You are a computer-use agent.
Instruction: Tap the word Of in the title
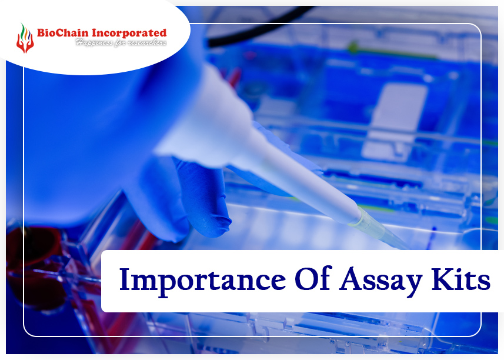(313, 278)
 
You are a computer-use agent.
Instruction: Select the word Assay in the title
(381, 282)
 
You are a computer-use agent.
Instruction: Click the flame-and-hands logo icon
(25, 38)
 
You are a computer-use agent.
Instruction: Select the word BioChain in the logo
(63, 33)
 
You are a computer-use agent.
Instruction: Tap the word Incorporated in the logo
(129, 34)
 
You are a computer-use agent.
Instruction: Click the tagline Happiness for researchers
(121, 42)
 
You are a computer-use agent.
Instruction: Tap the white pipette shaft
(305, 180)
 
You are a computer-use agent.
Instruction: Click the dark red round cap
(32, 244)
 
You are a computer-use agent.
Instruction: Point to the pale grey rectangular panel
(395, 122)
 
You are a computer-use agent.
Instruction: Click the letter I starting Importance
(124, 279)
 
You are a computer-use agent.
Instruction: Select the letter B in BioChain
(41, 33)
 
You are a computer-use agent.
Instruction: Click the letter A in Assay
(351, 278)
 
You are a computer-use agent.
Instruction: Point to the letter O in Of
(306, 279)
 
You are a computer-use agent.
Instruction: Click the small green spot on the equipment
(353, 47)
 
